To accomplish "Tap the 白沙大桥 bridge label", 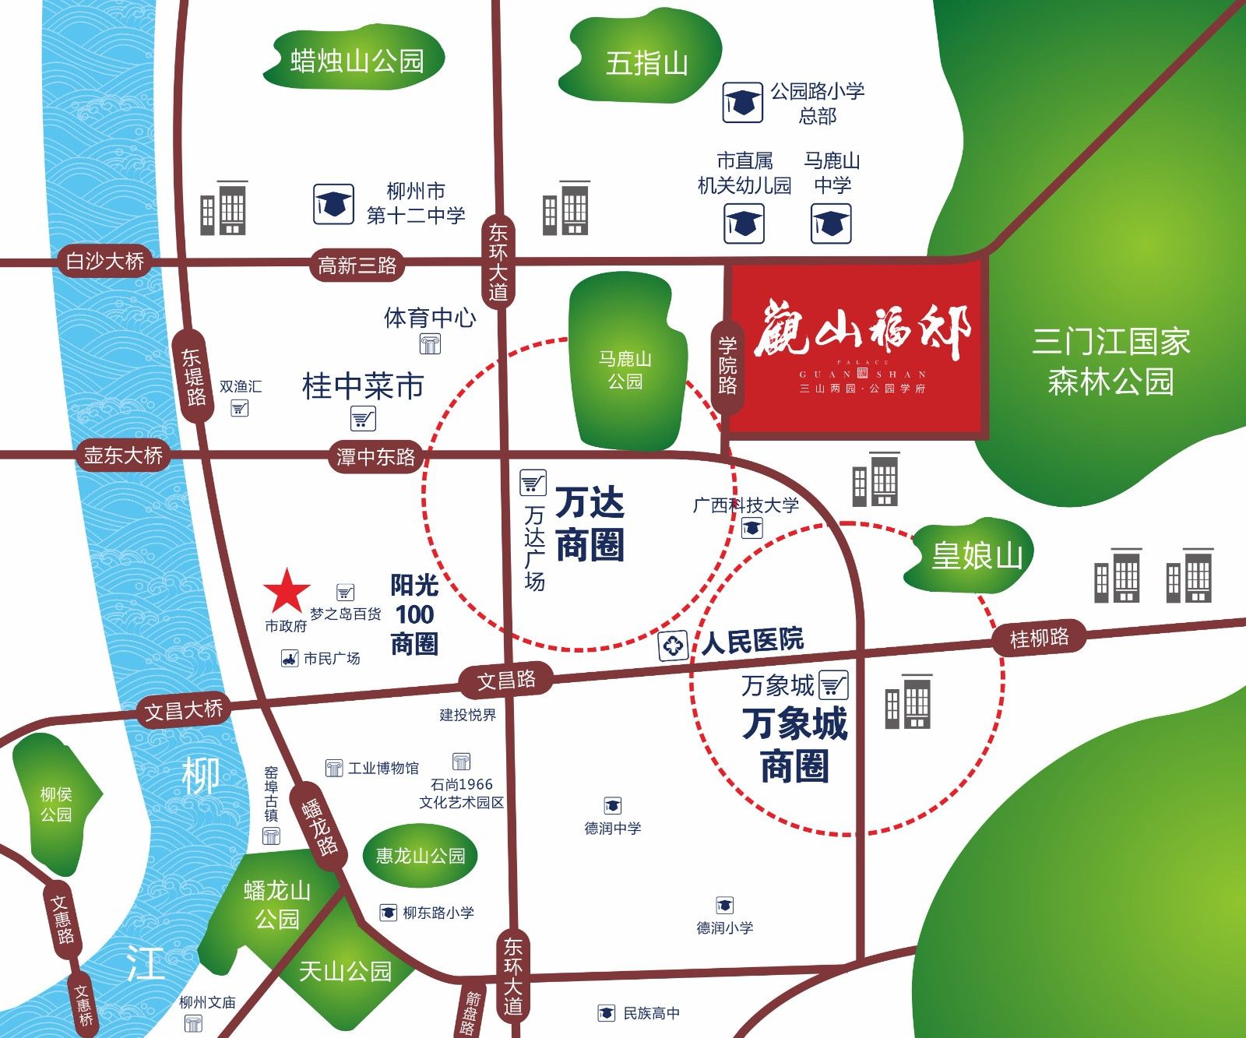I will click(105, 261).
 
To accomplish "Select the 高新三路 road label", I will click(357, 266).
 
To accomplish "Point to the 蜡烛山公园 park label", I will click(357, 61).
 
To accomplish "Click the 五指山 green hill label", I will click(646, 63).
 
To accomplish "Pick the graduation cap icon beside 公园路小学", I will click(742, 102).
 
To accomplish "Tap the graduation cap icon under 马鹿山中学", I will click(831, 223).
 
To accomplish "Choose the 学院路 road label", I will click(728, 364).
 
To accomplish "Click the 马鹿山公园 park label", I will click(625, 370).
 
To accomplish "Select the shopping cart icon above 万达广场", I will click(533, 483).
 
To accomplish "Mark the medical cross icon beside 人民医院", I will click(673, 646).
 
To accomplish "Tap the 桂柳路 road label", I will click(1039, 639).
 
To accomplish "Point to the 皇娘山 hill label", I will click(977, 556).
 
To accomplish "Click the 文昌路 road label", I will click(506, 681).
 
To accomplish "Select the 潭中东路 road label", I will click(375, 456).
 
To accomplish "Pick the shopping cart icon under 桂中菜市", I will click(363, 419).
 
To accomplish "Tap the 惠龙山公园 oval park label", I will click(421, 856).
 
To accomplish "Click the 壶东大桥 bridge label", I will click(123, 455).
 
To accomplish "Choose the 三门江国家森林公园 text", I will click(1110, 361).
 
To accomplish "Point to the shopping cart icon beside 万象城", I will click(833, 684).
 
